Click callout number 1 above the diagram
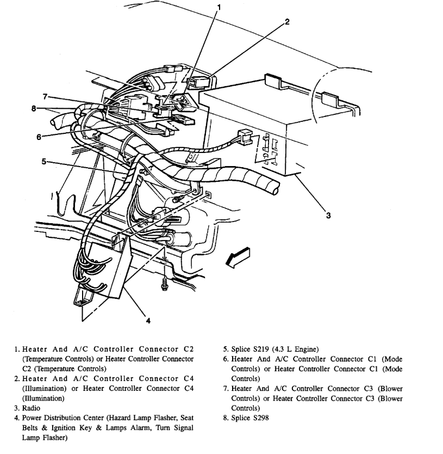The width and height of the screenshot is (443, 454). [220, 7]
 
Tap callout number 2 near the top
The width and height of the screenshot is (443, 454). [287, 22]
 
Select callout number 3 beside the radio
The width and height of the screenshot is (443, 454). [328, 215]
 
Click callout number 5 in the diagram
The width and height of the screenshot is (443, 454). [43, 162]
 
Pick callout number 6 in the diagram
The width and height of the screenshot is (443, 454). [39, 137]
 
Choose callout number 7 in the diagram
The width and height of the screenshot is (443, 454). [46, 97]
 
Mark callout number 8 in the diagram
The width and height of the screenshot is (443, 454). [34, 108]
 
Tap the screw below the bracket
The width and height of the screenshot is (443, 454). [164, 284]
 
